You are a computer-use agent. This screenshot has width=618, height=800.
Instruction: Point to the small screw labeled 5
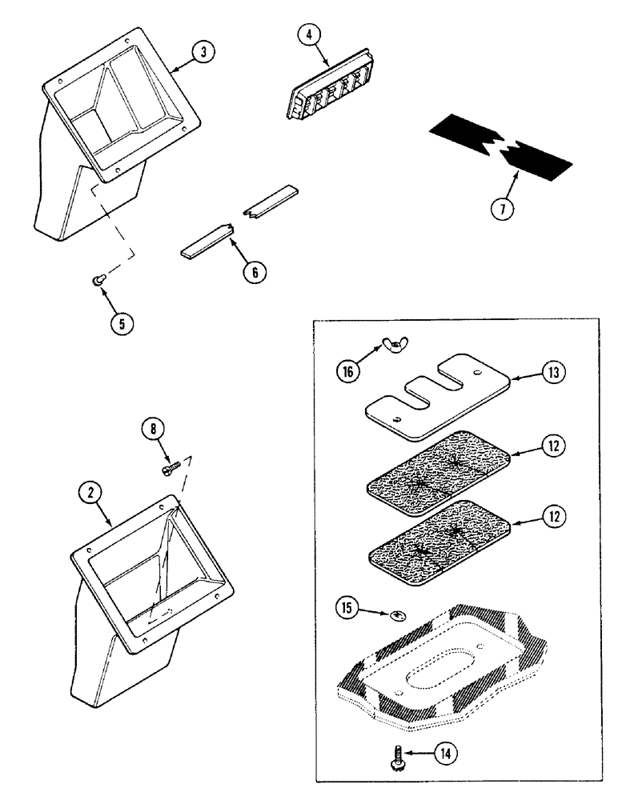(98, 278)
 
